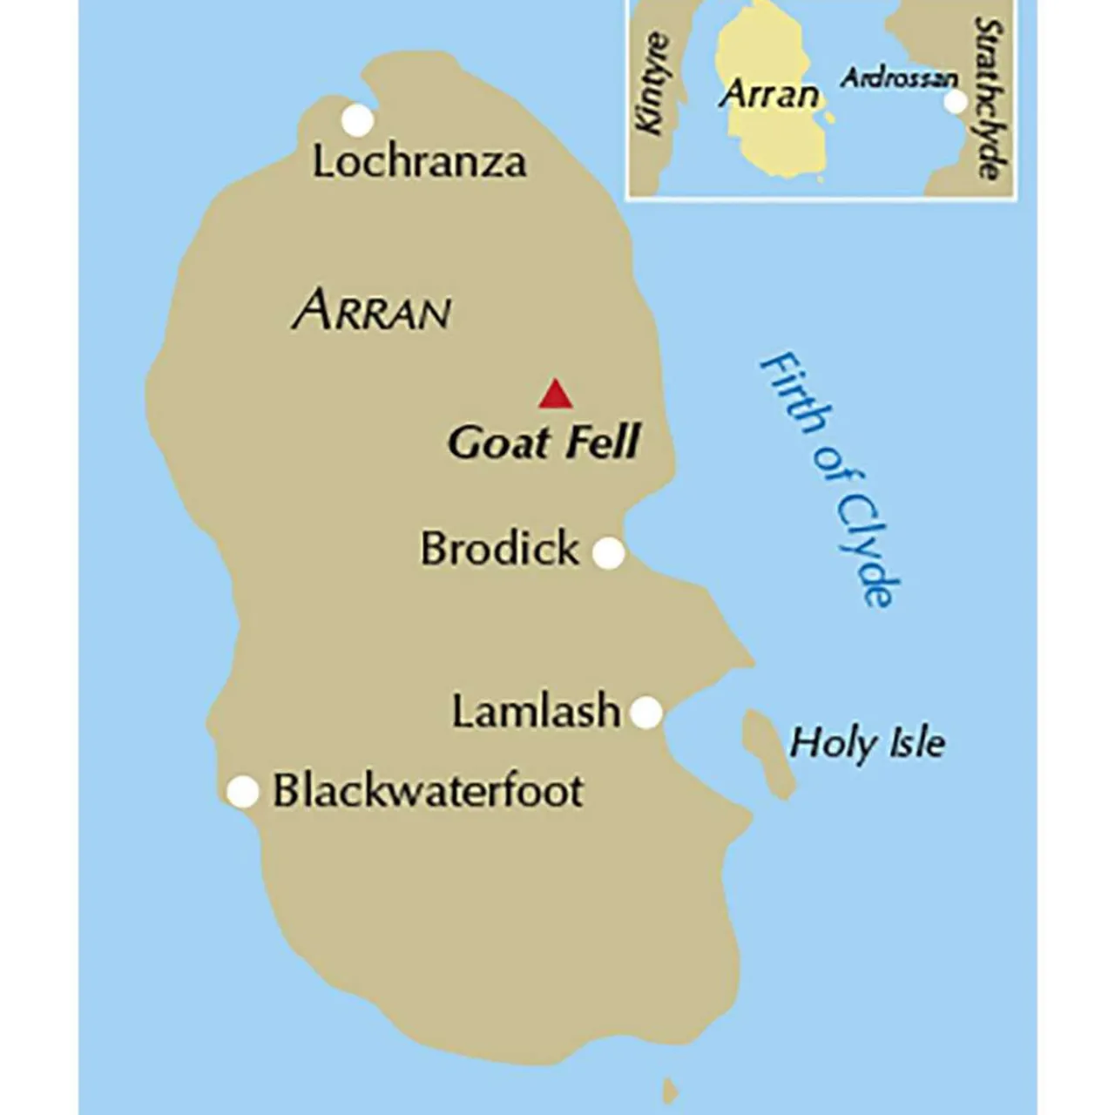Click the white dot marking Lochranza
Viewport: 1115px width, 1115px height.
tap(356, 120)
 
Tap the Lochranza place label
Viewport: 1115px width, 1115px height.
tap(419, 162)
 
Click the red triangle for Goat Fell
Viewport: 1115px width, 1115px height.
tap(555, 395)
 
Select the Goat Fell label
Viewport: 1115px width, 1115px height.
tap(544, 442)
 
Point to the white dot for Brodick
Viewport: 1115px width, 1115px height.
tap(609, 552)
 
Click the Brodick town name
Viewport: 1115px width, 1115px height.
tap(499, 549)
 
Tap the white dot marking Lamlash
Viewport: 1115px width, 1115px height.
tap(645, 712)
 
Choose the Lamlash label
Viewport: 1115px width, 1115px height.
tap(536, 712)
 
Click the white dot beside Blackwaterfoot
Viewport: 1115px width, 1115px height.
tap(243, 792)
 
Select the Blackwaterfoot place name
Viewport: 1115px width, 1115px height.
tap(428, 790)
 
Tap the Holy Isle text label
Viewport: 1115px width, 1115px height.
tap(867, 743)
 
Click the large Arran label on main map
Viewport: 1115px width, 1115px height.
tap(372, 311)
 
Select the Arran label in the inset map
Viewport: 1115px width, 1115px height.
tap(770, 94)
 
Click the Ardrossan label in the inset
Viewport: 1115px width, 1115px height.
tap(898, 78)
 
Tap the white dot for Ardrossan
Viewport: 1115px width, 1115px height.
tap(956, 102)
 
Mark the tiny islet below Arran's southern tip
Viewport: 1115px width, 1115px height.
tap(669, 1089)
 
